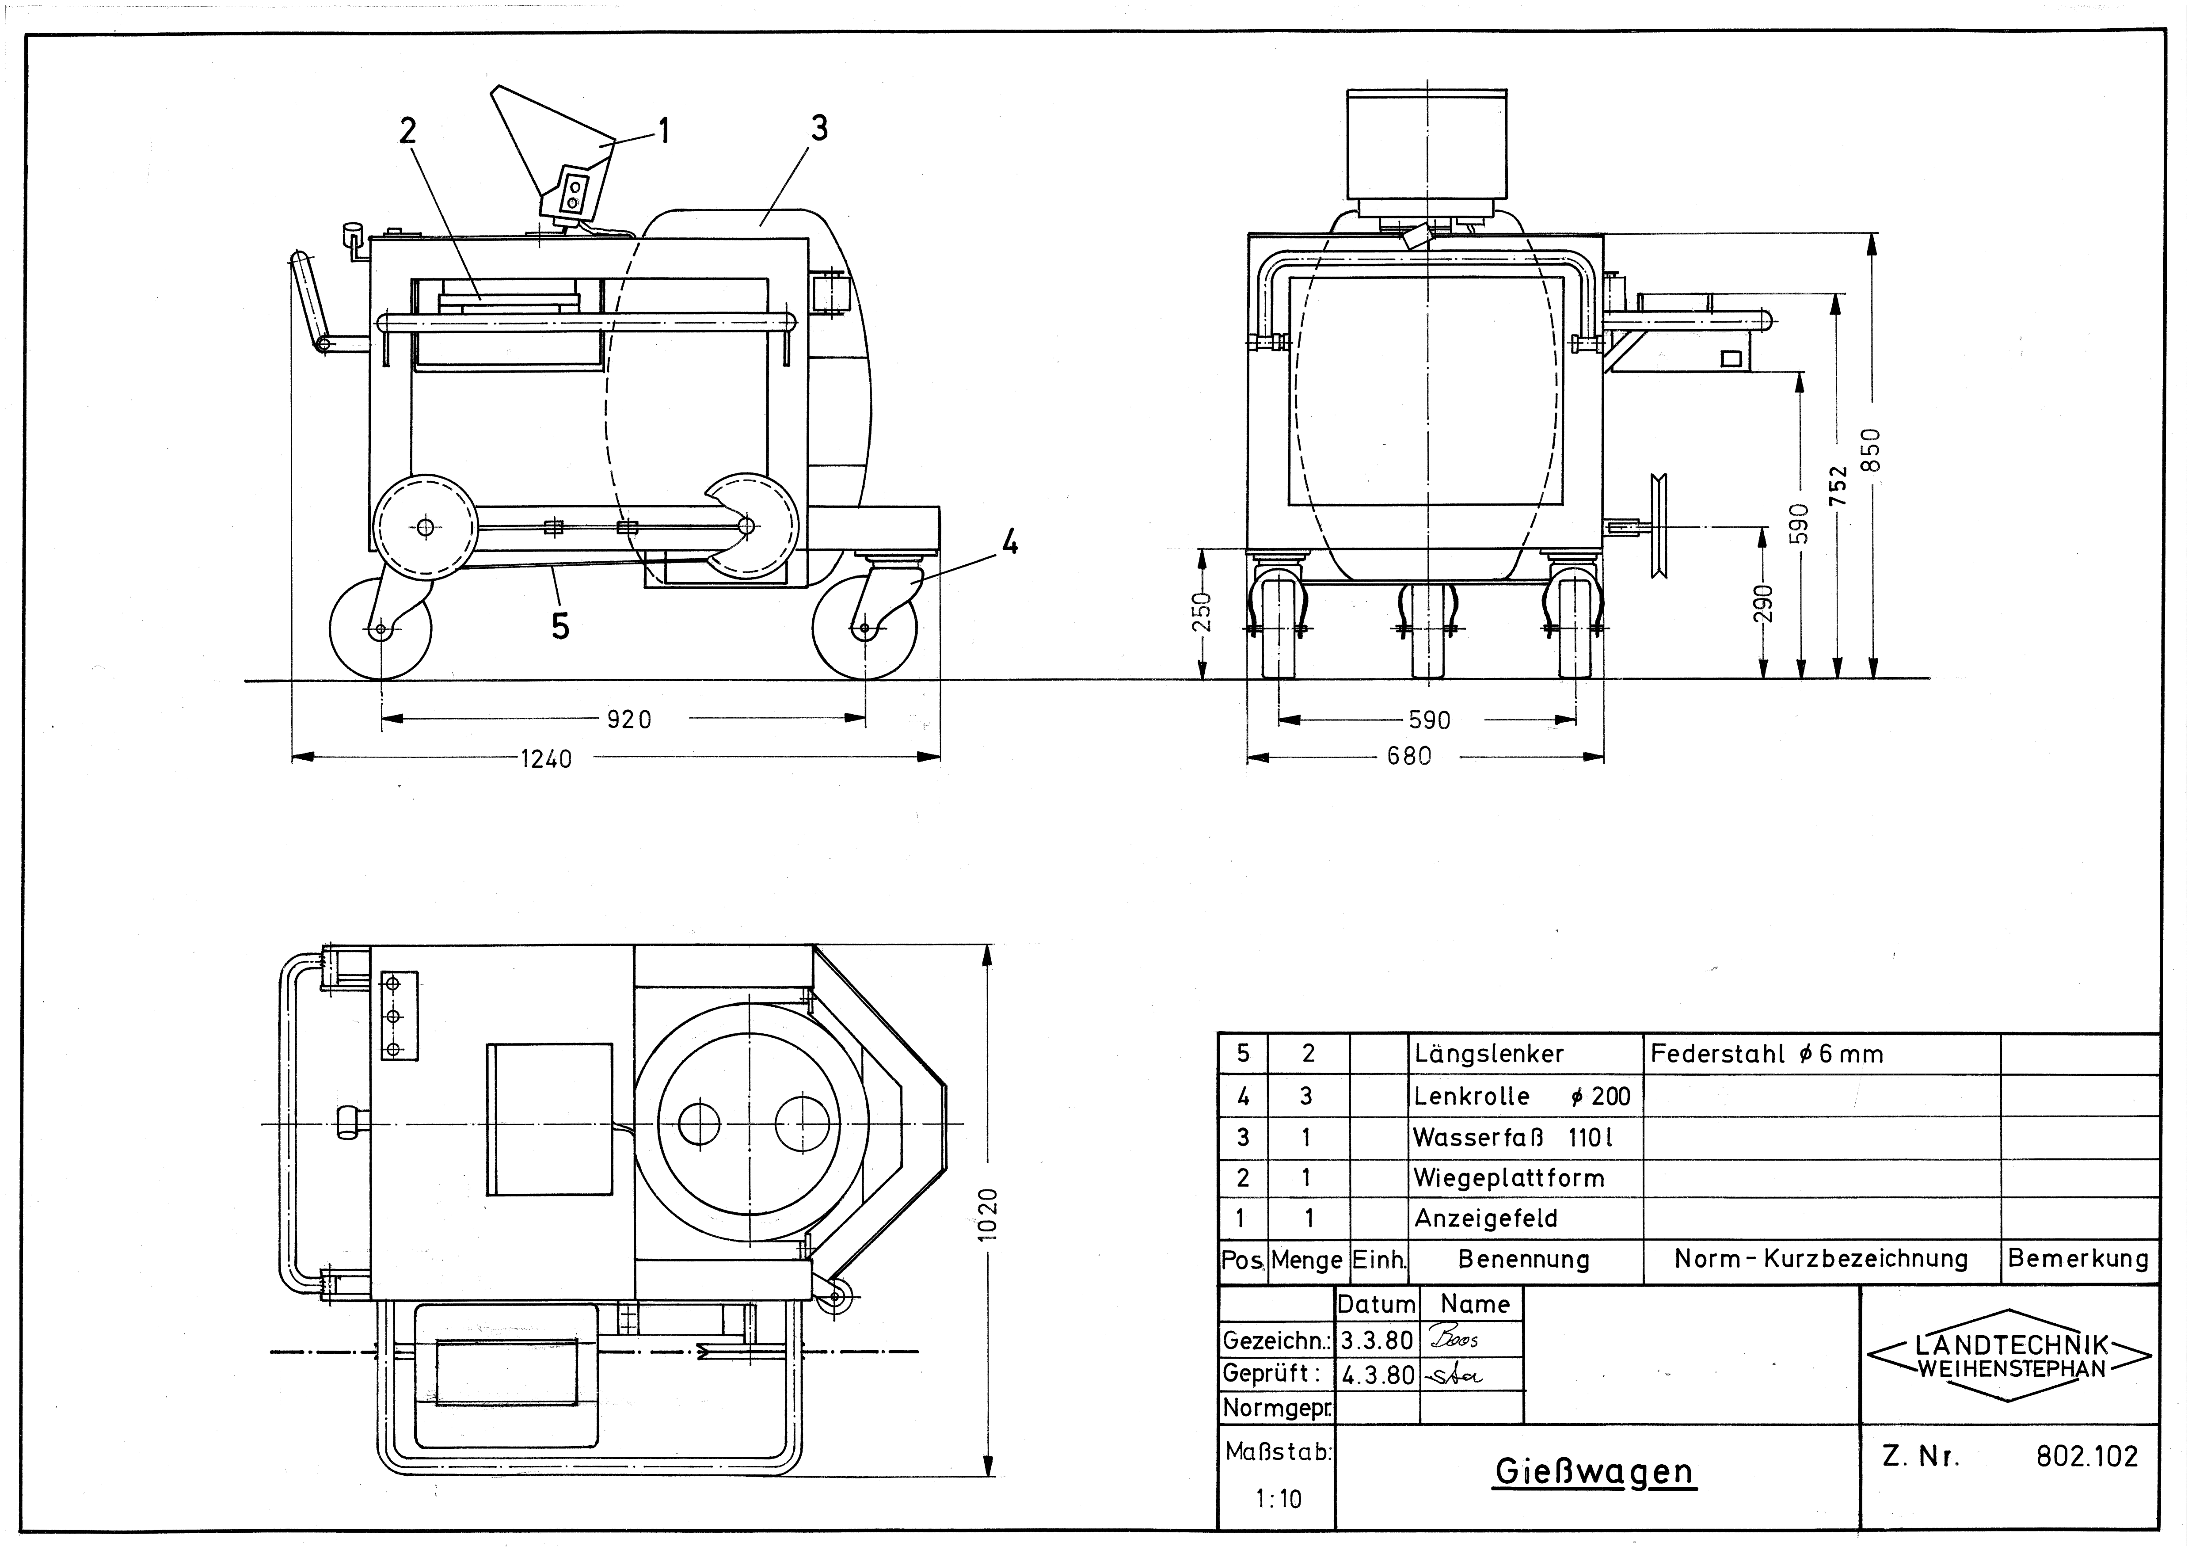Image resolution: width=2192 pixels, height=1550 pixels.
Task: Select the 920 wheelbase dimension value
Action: coord(629,719)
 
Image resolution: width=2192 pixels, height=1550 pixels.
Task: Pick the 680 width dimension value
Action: coord(1409,756)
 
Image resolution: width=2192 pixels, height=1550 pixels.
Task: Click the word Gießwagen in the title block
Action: coord(1595,1471)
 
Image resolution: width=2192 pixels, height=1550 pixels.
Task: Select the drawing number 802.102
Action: coord(2087,1456)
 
